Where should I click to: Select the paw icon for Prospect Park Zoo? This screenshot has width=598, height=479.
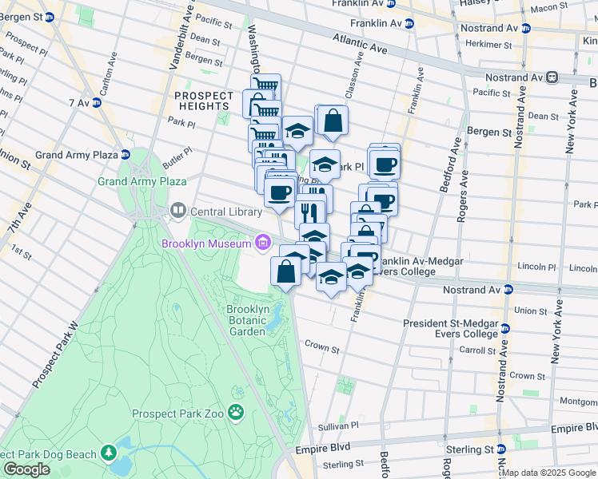236,412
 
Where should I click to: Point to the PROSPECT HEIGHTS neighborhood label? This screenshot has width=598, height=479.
204,101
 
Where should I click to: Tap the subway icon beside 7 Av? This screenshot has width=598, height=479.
96,102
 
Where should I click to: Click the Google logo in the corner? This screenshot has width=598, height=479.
26,469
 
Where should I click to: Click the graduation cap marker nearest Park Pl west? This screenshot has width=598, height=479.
297,130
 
